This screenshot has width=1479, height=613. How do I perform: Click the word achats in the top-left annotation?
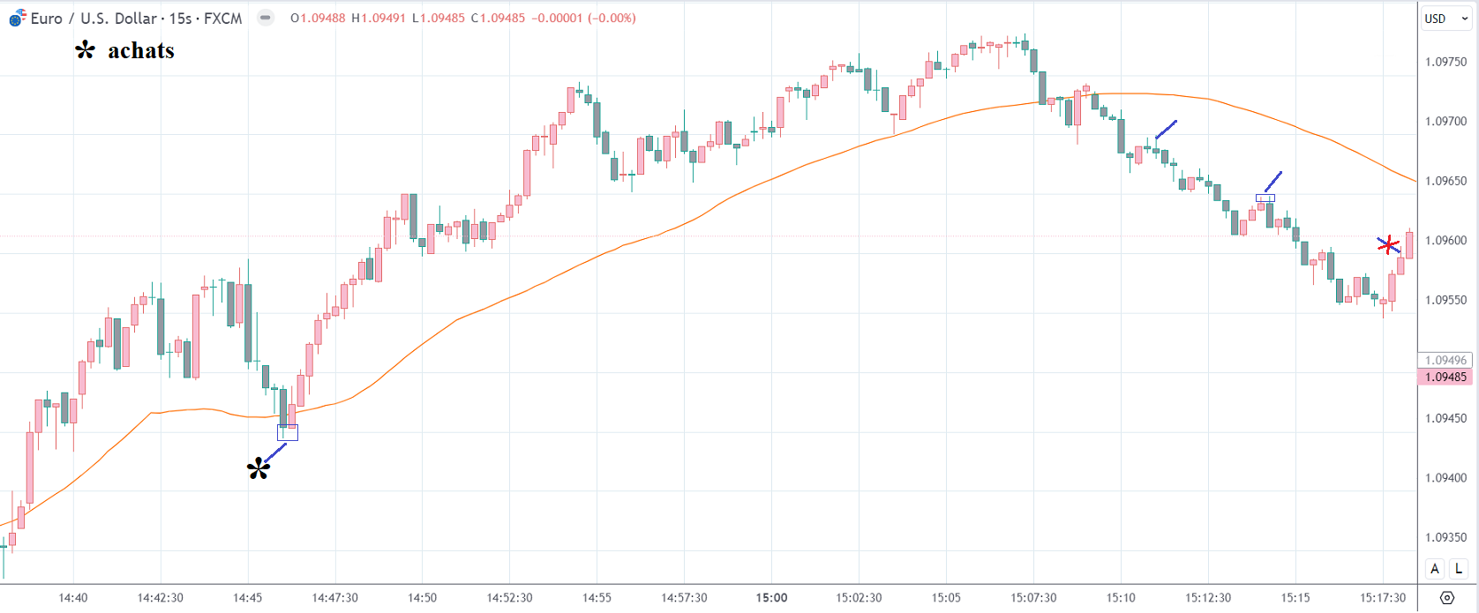(x=141, y=51)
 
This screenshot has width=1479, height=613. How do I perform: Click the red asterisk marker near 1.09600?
(x=1389, y=244)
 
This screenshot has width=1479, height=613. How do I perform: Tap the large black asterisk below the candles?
(x=259, y=468)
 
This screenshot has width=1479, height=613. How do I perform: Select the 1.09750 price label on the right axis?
(x=1446, y=62)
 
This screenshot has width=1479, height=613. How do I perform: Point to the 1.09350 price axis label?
(x=1446, y=537)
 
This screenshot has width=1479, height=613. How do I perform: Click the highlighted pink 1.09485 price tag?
(x=1445, y=377)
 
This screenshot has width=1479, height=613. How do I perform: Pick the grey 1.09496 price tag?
(x=1445, y=360)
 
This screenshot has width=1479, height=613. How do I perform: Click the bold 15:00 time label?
(x=771, y=597)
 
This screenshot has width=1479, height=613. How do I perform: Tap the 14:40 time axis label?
(x=73, y=597)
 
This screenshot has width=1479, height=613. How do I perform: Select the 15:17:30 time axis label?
(x=1383, y=597)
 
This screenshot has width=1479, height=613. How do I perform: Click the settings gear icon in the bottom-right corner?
(x=1447, y=598)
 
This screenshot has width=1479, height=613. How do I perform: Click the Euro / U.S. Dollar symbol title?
(x=94, y=18)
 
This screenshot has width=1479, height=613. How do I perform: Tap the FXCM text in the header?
(x=222, y=18)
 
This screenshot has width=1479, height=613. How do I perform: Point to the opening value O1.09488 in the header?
(x=319, y=18)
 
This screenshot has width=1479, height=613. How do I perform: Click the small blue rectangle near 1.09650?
(x=1265, y=198)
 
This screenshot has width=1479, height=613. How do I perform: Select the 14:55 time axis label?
(x=597, y=597)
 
